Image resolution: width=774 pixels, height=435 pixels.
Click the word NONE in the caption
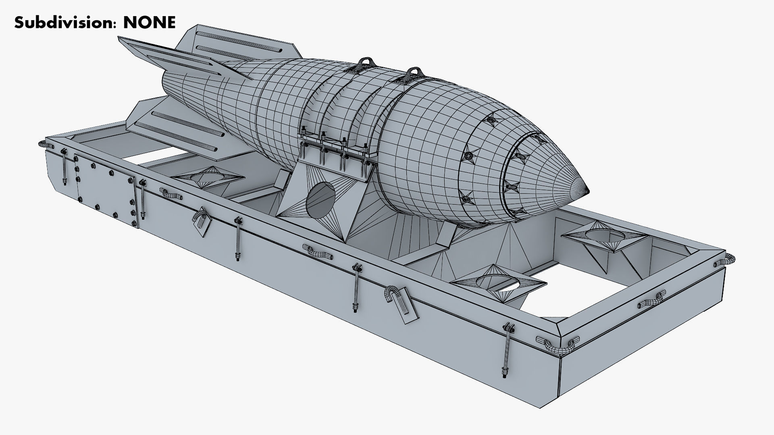pos(149,23)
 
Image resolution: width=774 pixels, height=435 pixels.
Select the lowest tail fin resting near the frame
pos(177,125)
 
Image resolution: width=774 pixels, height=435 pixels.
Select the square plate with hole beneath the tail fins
pos(208,177)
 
